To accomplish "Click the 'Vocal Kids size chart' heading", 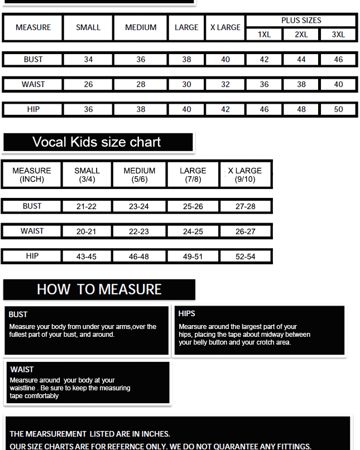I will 97,142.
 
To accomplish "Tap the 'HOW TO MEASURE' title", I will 99,289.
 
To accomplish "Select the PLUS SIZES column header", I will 301,20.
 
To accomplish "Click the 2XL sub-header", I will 301,35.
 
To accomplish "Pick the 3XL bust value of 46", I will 338,59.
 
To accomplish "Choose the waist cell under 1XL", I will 264,84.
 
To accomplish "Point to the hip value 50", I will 338,109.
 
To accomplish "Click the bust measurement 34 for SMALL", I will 88,59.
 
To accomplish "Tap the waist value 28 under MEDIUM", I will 141,84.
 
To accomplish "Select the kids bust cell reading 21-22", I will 87,206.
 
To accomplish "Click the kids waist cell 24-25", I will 193,231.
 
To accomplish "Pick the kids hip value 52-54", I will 245,257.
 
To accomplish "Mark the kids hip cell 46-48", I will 139,257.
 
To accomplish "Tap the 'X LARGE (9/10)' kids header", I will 245,175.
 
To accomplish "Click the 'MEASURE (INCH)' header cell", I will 32,175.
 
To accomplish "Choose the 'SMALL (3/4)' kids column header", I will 87,175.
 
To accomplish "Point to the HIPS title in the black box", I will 187,313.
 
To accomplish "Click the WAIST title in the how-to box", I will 22,369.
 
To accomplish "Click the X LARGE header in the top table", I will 225,27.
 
